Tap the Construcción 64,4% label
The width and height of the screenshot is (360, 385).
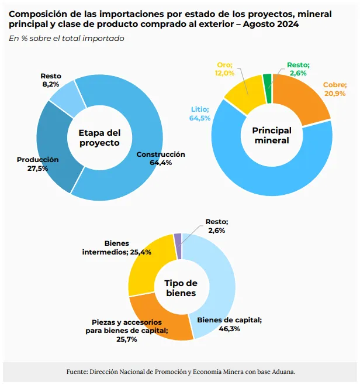point(161,159)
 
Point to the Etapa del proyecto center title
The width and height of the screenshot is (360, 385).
point(99,138)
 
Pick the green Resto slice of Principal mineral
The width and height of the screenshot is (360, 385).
point(267,81)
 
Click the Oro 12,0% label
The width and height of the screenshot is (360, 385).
point(226,69)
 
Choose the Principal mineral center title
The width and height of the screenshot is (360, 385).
point(271,135)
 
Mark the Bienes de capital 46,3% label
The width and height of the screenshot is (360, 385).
point(229,324)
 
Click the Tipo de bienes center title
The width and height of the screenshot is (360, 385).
point(181,288)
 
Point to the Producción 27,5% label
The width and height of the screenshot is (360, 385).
point(37,164)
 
